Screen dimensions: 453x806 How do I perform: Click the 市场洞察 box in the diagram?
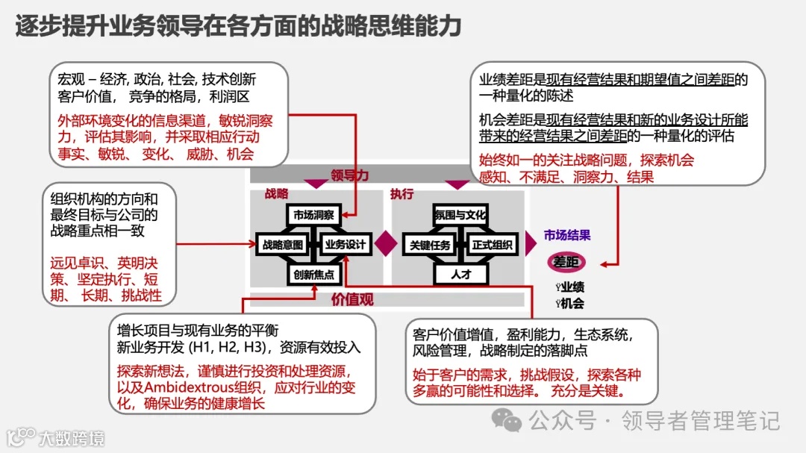[x=313, y=215]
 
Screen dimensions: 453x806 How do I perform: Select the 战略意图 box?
[x=283, y=244]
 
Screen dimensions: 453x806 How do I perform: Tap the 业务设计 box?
[x=345, y=244]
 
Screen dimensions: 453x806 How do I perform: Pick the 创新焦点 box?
[x=313, y=274]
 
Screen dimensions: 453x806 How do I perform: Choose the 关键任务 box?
[x=429, y=244]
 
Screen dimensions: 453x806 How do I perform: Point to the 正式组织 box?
[x=492, y=244]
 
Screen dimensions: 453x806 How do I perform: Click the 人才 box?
[x=460, y=274]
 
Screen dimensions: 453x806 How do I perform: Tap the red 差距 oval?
[x=566, y=262]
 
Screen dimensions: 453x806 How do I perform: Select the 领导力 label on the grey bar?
[x=350, y=175]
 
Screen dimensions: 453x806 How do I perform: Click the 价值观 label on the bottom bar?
[x=352, y=300]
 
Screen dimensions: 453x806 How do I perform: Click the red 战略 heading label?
[x=276, y=193]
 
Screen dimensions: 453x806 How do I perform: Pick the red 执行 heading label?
[x=402, y=193]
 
